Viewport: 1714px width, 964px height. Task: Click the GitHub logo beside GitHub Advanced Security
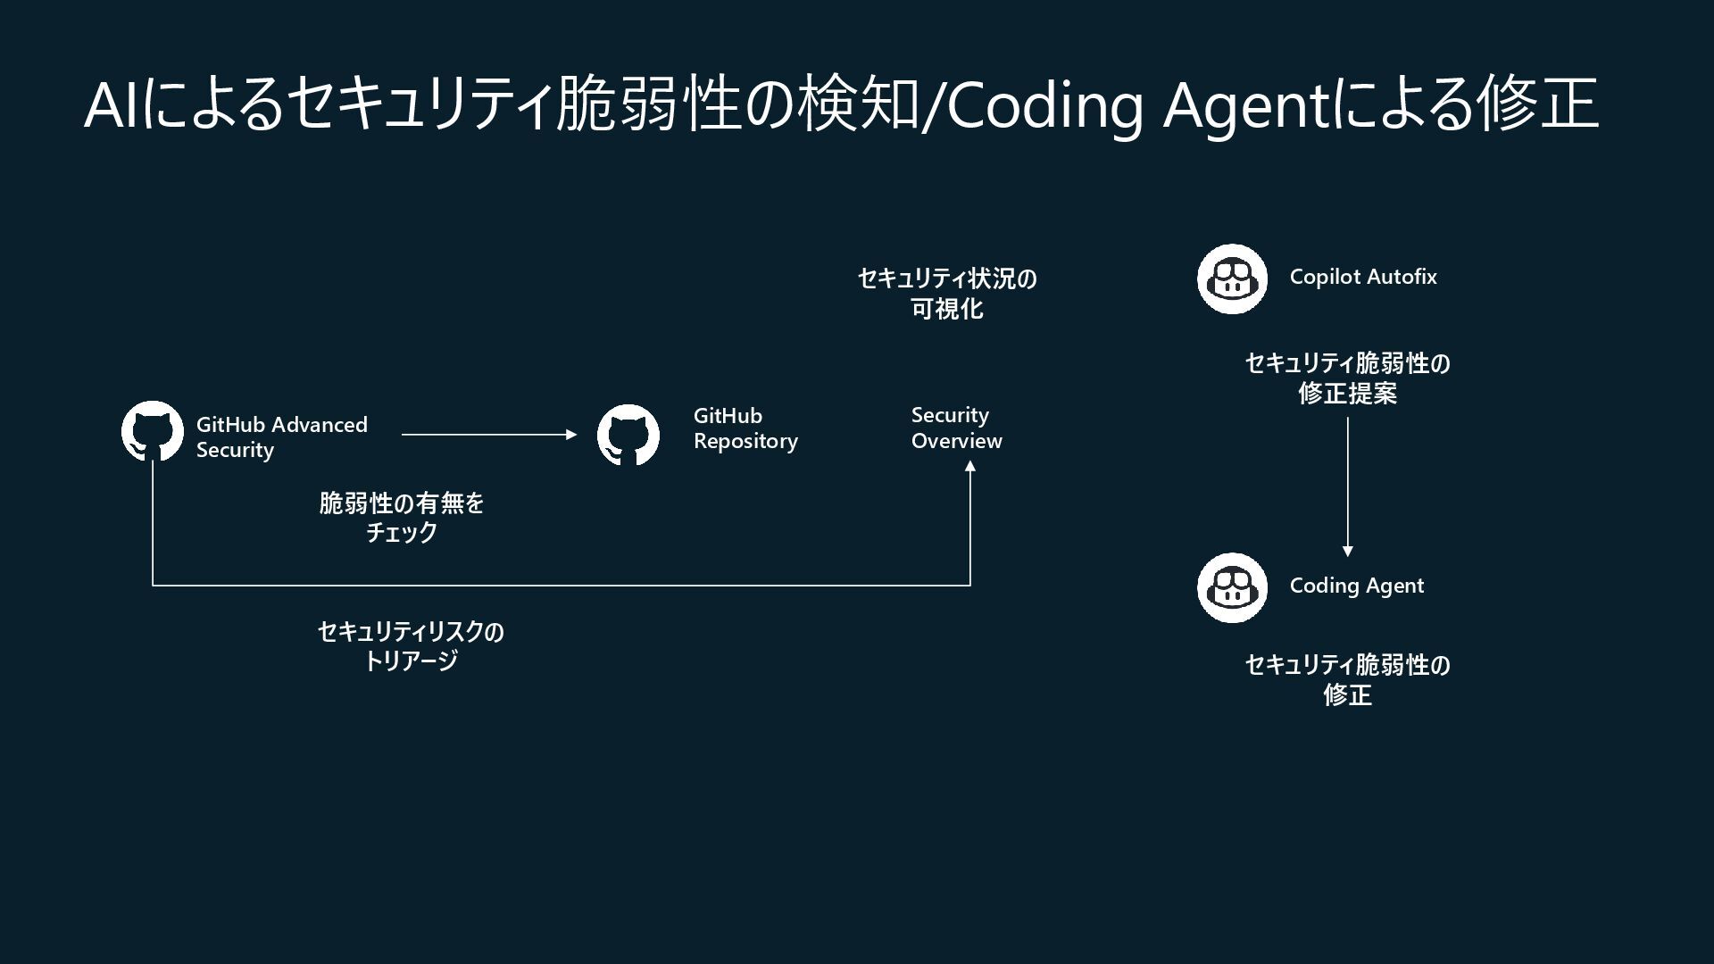(x=153, y=432)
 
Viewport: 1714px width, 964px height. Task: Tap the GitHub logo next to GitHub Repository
(x=628, y=435)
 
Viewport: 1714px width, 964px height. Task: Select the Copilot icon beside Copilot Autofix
(x=1232, y=279)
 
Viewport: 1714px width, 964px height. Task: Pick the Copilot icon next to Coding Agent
(x=1232, y=587)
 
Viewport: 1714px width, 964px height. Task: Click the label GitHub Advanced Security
(x=281, y=436)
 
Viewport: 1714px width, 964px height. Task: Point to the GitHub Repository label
(x=745, y=428)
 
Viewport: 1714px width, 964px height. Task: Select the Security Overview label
(x=956, y=428)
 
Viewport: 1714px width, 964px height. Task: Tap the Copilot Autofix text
(x=1362, y=277)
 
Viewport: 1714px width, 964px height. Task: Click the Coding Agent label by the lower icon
(x=1356, y=586)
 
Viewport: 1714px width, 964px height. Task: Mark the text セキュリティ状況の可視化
(x=947, y=293)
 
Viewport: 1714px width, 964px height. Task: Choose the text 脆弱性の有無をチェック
(x=402, y=518)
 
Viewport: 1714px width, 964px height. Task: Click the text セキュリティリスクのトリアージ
(x=411, y=645)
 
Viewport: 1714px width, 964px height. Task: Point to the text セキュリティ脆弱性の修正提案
(x=1347, y=378)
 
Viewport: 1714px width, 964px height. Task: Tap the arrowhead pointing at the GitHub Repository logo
(x=571, y=435)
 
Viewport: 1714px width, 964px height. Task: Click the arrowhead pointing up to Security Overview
(x=970, y=466)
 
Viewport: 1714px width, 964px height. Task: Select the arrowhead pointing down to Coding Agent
(x=1347, y=551)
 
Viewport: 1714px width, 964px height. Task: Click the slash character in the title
(x=933, y=106)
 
